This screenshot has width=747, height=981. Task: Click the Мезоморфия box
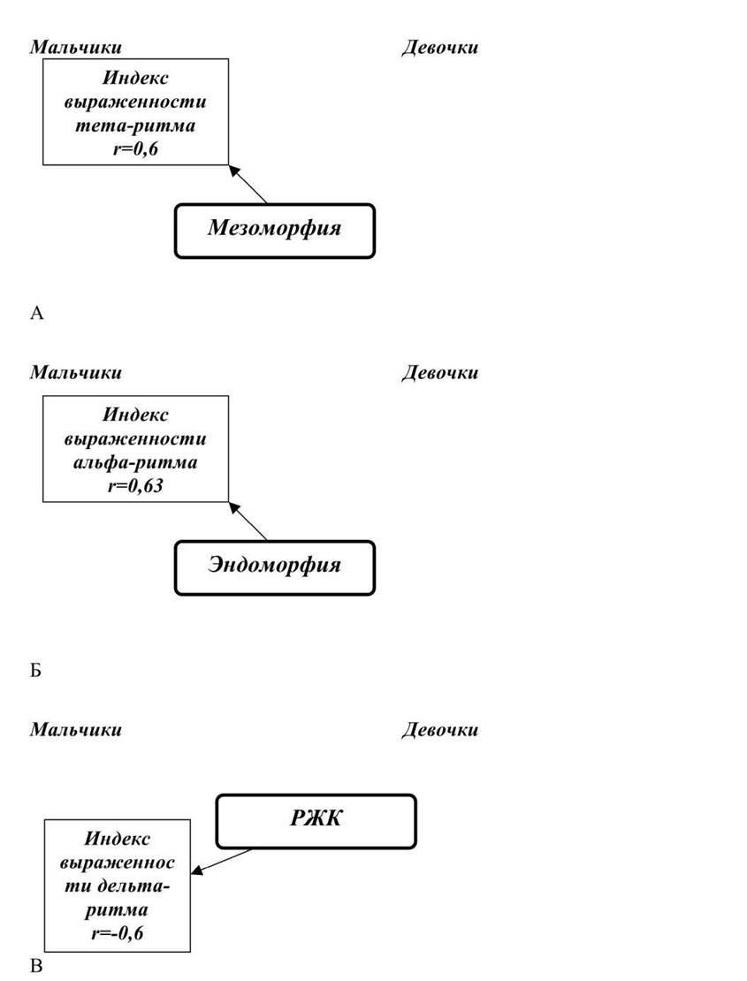coord(275,231)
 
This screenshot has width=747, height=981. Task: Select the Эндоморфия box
coord(275,567)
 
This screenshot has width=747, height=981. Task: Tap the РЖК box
coord(316,821)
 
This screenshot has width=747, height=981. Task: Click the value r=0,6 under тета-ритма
coord(135,148)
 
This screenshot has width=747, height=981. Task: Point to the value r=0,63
coord(135,485)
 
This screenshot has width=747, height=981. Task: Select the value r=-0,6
coord(117,933)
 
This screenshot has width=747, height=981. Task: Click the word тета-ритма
coord(135,125)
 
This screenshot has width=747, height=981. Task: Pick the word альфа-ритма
coord(135,462)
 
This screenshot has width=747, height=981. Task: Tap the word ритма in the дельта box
coord(117,909)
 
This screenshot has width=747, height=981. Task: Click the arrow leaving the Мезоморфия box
coord(248,184)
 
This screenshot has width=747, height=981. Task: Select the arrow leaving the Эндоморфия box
coord(248,521)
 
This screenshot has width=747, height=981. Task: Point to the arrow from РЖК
coord(222,861)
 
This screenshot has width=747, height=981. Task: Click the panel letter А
coord(37,313)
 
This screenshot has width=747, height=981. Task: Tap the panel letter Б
coord(35,671)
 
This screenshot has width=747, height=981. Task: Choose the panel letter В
coord(36,966)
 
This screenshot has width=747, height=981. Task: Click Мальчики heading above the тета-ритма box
coord(76,48)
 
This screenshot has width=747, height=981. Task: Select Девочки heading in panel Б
coord(440,373)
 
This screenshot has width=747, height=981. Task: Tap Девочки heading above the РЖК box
coord(440,729)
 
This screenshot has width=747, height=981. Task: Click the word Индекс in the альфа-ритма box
coord(135,414)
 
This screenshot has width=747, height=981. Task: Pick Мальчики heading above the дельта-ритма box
coord(76,729)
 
